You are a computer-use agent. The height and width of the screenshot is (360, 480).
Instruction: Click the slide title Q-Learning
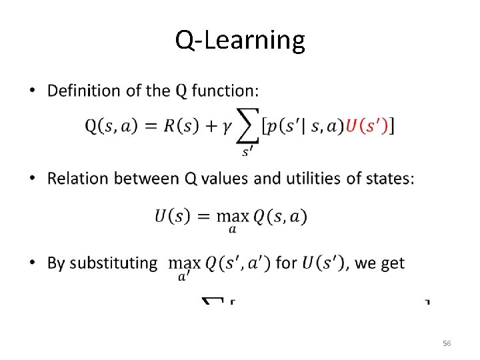coord(240,41)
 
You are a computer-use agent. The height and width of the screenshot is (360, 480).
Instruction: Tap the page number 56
coord(447,343)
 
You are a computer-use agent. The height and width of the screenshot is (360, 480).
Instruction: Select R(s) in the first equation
coord(177,125)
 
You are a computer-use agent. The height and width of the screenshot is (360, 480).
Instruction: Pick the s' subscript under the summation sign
coord(247,153)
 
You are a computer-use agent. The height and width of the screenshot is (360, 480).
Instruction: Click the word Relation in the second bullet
coord(77,179)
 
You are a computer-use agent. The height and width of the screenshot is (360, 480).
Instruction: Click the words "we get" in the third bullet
coord(380,263)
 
